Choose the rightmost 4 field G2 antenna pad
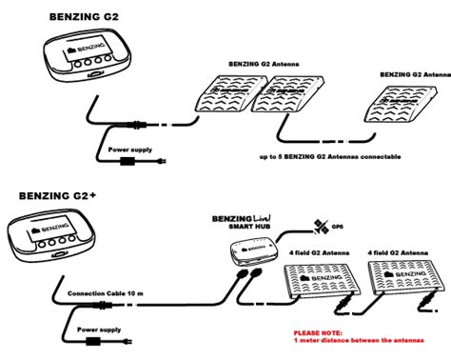pyautogui.click(x=403, y=279)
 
